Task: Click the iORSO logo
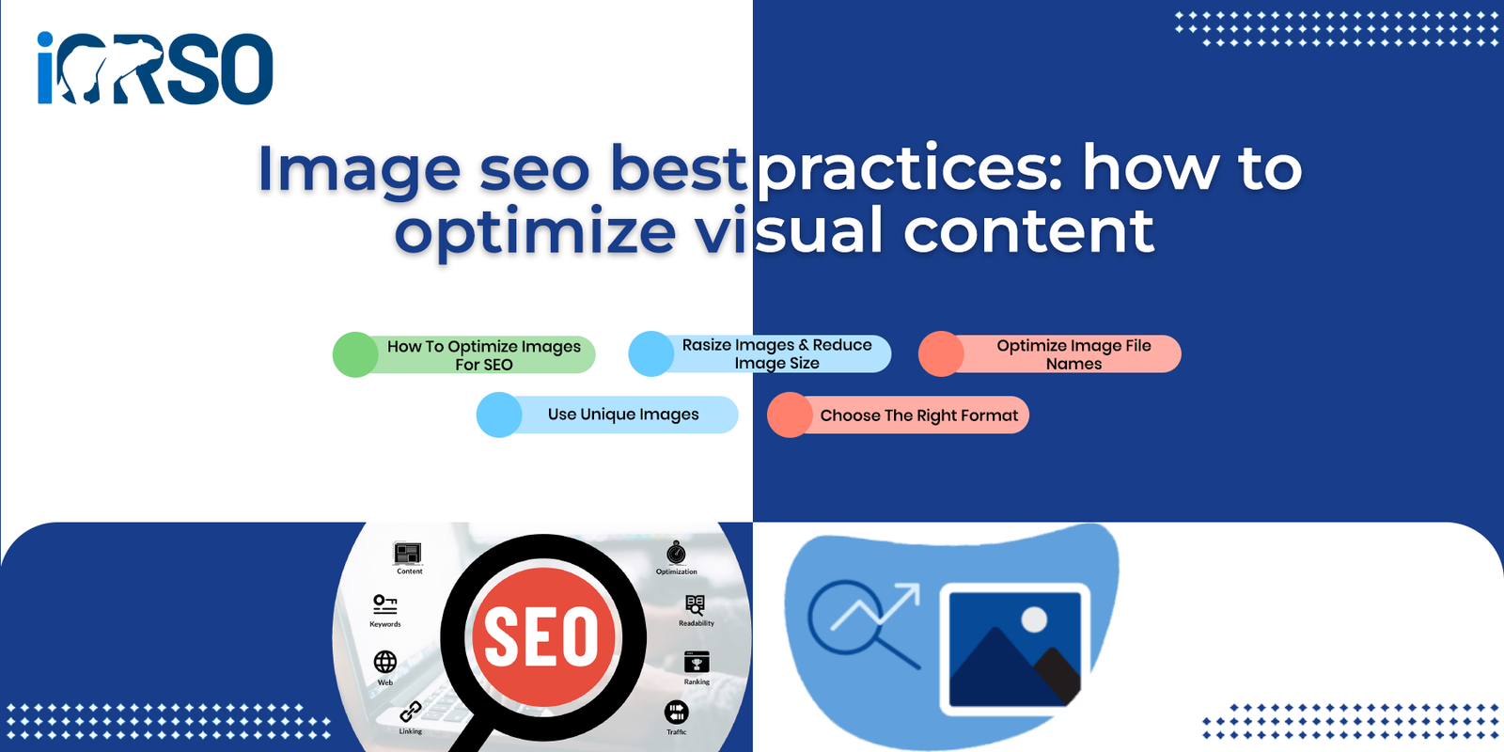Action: coord(155,68)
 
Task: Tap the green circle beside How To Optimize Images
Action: coord(356,354)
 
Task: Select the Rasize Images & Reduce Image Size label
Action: coord(776,353)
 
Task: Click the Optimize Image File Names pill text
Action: coord(1073,354)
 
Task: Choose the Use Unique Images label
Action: coord(623,415)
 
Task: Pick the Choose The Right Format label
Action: coord(919,415)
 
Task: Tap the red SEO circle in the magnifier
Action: coord(543,636)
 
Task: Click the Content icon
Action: coord(408,554)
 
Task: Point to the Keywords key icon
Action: coord(384,604)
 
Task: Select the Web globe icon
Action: coord(384,662)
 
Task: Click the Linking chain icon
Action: coord(410,712)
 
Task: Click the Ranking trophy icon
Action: coord(697,662)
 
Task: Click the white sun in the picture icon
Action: coord(1034,619)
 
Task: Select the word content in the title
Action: coord(1028,230)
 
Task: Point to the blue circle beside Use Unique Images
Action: coord(499,415)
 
